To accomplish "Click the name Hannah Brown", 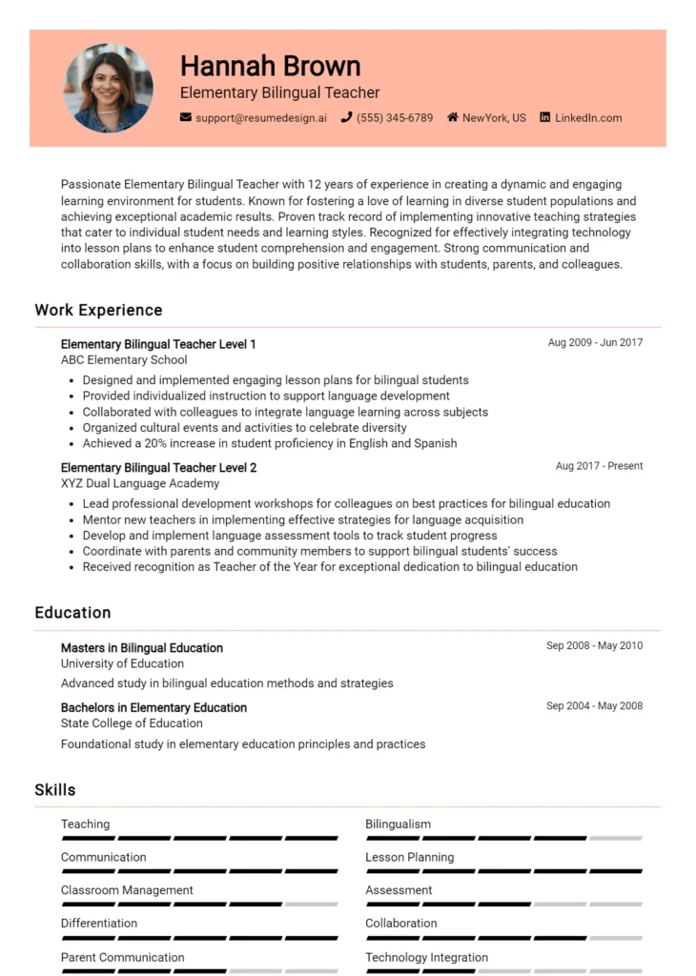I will [x=270, y=66].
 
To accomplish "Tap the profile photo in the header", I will [x=108, y=88].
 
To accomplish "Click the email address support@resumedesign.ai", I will [x=260, y=118].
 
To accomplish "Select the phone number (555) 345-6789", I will [x=394, y=118].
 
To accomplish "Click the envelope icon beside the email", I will [x=186, y=118].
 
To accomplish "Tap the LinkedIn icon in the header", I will [x=545, y=118].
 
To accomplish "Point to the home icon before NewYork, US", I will [x=453, y=118].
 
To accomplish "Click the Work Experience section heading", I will [x=98, y=310].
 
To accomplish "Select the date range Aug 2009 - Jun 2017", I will [x=595, y=342].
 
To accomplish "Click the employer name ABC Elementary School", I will [x=124, y=360].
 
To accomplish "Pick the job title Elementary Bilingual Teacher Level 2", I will [x=158, y=468].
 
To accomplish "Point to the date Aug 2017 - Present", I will [x=599, y=466].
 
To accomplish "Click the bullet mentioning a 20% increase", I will [x=269, y=443].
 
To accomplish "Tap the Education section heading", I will [x=72, y=613].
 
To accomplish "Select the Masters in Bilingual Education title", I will [x=142, y=648].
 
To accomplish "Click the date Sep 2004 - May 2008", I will [x=594, y=706].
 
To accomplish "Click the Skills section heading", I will [x=55, y=790].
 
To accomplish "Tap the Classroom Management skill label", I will [x=127, y=890].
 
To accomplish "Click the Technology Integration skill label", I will [x=426, y=957].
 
